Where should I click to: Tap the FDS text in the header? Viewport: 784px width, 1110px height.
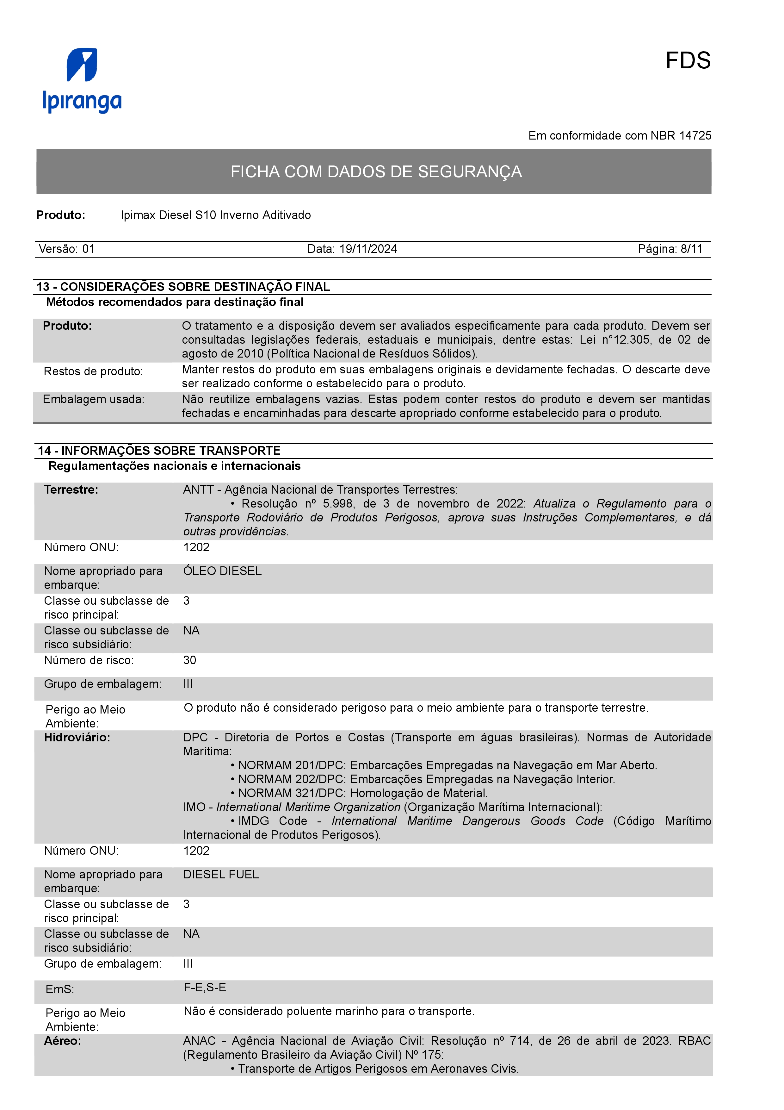(x=688, y=61)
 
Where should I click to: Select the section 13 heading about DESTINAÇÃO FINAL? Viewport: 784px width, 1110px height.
(x=183, y=287)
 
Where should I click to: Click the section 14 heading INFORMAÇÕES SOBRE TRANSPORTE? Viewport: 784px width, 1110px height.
(x=159, y=451)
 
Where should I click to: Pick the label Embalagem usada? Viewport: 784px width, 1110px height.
(x=93, y=399)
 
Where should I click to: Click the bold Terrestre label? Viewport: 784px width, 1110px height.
(x=71, y=490)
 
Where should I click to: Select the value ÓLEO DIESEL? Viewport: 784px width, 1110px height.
(x=222, y=571)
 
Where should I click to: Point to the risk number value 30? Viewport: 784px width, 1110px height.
(x=189, y=660)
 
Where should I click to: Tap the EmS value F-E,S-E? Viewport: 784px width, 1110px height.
(x=205, y=987)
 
